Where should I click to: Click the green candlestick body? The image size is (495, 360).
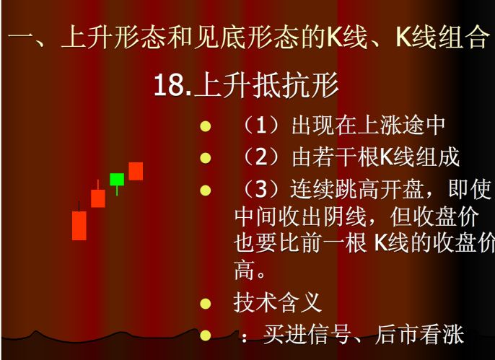click(x=117, y=180)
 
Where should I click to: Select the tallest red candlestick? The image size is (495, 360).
click(x=79, y=225)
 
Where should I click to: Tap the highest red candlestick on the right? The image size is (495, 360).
click(x=136, y=171)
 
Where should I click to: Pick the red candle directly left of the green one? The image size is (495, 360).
click(x=98, y=198)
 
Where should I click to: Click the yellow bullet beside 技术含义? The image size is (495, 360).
click(x=206, y=304)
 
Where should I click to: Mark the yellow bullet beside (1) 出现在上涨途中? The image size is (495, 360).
click(x=206, y=126)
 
